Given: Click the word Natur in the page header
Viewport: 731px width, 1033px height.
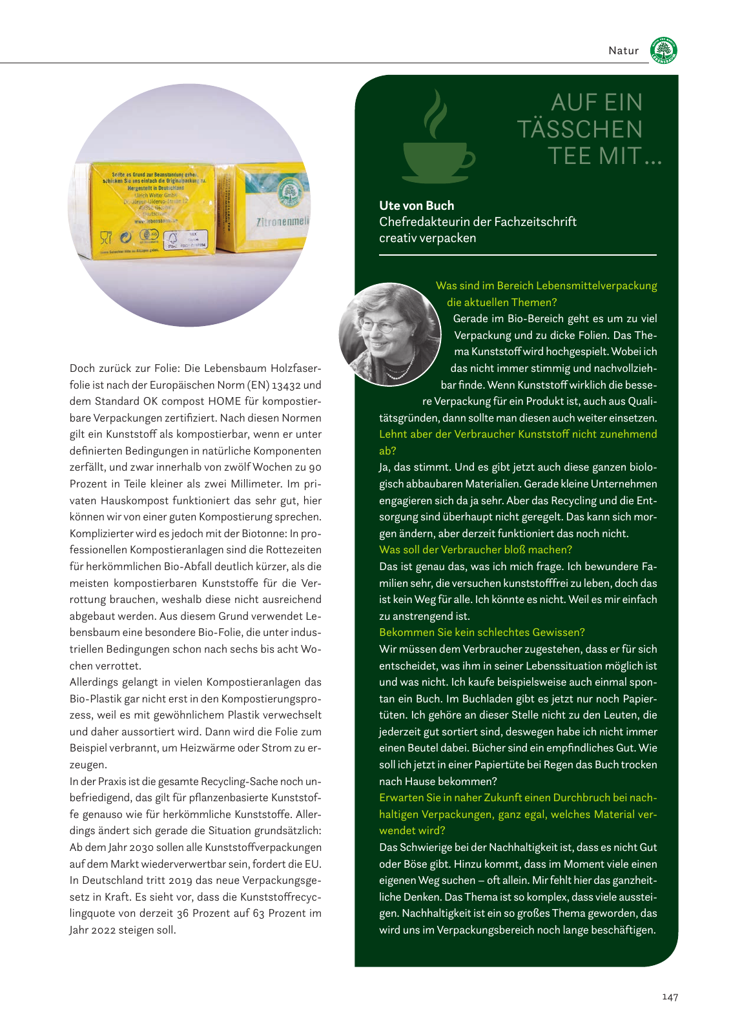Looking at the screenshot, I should (x=623, y=51).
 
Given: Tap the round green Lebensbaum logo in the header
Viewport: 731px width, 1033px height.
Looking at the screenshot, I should (x=664, y=50).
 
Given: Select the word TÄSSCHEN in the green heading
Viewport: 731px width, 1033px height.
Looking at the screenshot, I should (x=580, y=129).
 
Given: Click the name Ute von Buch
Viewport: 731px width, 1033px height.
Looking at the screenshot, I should (x=417, y=205).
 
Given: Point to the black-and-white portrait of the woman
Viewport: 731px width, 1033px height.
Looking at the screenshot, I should (x=389, y=334).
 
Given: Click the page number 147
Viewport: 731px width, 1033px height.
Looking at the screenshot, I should (x=670, y=997).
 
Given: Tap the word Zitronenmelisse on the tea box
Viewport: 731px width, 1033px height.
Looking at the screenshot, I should (x=283, y=221).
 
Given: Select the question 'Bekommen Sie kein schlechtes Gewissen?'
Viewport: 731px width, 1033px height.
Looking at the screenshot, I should (x=482, y=632).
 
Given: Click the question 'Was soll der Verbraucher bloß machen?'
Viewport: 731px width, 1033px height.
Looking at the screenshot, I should (x=475, y=549).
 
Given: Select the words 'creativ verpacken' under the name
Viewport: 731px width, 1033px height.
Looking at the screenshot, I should (x=427, y=238).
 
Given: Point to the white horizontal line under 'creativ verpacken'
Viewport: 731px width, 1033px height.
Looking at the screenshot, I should (x=517, y=256).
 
